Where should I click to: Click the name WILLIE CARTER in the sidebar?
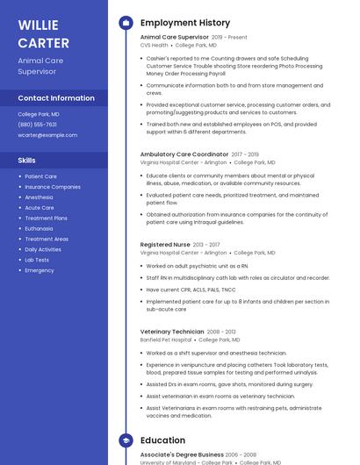click(43, 33)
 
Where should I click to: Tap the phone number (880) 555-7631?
click(37, 125)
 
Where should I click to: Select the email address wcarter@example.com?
click(47, 135)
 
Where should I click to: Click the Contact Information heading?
click(56, 98)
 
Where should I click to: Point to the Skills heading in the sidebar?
click(27, 161)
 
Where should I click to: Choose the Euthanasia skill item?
click(40, 228)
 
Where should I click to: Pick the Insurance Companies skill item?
click(53, 187)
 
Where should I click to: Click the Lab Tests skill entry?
click(37, 260)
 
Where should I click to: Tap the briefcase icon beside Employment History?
click(125, 23)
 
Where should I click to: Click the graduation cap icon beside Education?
click(125, 440)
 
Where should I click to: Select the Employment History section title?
click(185, 23)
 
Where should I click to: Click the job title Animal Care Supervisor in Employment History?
click(174, 38)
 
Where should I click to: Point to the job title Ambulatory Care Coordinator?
click(184, 154)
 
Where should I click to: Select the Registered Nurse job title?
click(165, 245)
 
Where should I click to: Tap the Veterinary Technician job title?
click(172, 332)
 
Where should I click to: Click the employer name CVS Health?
click(154, 45)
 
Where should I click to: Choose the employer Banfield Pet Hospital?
click(166, 340)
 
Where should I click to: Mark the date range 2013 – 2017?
click(206, 245)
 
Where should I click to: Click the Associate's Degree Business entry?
click(182, 454)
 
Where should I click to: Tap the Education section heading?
click(162, 440)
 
